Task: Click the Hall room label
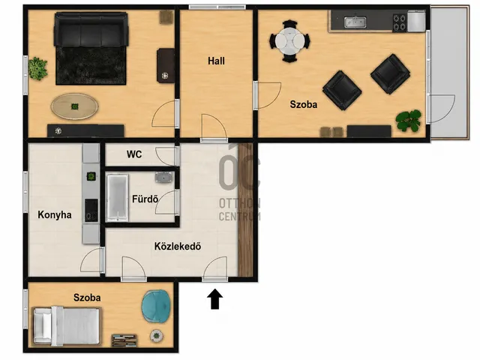point(216,61)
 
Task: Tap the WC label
point(134,154)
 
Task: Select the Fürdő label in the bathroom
point(145,199)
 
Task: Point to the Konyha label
point(55,214)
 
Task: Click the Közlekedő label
point(178,246)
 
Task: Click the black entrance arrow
point(215,298)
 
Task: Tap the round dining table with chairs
point(289,41)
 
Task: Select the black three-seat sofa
point(91,30)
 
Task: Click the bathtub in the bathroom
point(117,197)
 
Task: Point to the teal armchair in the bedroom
point(155,306)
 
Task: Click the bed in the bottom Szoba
point(67,325)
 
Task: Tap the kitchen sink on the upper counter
point(355,22)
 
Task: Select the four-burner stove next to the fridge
point(400,22)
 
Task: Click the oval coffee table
point(75,106)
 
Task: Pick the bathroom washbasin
point(164,177)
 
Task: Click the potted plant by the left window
point(37,69)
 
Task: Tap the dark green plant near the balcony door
point(408,120)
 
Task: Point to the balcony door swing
point(443,109)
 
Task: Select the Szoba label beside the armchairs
point(303,104)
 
